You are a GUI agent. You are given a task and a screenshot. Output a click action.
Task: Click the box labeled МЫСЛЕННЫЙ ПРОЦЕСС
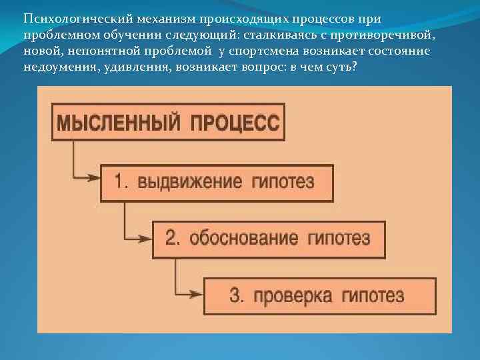point(168,122)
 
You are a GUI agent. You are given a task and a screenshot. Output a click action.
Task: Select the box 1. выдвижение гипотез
point(217,182)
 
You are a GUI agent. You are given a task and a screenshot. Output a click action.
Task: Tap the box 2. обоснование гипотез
point(269,239)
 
